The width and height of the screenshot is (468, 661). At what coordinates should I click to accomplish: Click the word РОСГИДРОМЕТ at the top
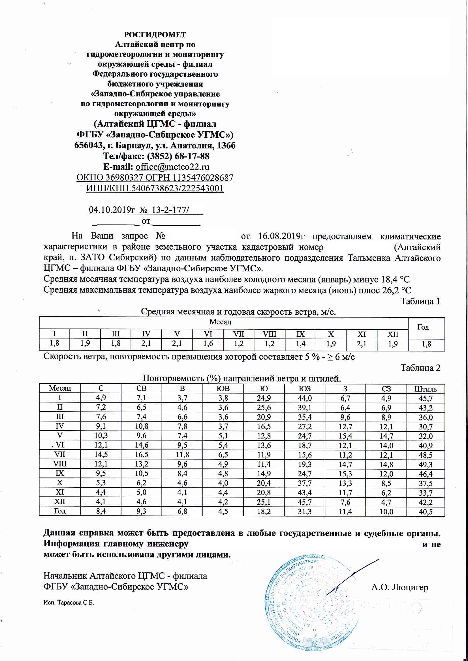point(155,35)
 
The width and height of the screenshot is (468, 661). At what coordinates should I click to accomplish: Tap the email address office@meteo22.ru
point(172,167)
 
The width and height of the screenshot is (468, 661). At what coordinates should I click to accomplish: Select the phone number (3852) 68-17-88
point(178,156)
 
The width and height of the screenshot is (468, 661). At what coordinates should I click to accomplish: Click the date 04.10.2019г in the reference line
point(112,210)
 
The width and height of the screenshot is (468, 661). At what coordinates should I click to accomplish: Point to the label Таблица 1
point(420,301)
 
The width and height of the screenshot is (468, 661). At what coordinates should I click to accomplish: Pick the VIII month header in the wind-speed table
point(269,334)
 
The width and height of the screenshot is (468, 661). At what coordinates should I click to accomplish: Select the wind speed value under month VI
point(208,344)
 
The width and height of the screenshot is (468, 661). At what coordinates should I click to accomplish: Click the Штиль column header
point(426,389)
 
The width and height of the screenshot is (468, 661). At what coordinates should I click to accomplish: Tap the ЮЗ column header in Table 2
point(305,389)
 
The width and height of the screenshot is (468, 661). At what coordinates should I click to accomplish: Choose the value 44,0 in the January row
point(305,398)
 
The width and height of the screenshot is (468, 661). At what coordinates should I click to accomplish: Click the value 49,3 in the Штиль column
point(426,465)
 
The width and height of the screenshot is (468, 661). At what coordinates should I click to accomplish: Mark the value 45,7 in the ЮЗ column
point(305,502)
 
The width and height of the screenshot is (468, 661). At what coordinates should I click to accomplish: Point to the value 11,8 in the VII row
point(182,455)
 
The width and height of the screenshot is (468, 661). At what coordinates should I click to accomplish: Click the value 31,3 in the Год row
point(305,512)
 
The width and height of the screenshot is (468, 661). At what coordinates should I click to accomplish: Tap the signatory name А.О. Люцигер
point(399,587)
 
